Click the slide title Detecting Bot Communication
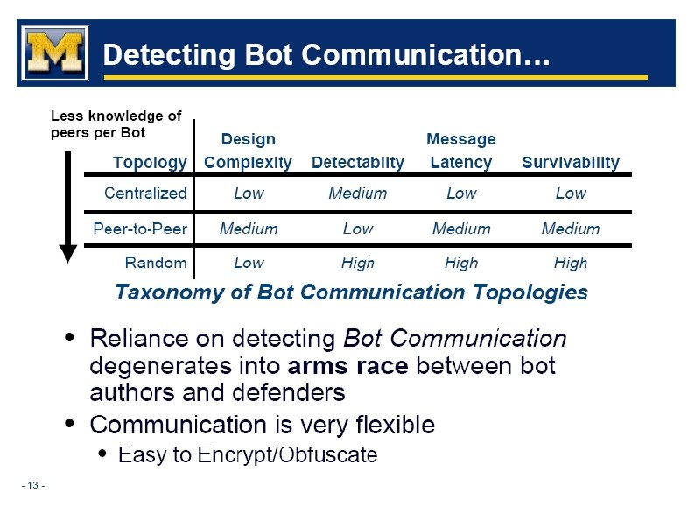[x=326, y=56]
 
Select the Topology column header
[x=150, y=162]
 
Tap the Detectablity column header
[x=358, y=162]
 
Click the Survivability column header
[x=570, y=162]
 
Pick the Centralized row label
[x=145, y=193]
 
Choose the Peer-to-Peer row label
[x=140, y=229]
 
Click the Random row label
[x=156, y=263]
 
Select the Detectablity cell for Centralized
[x=357, y=194]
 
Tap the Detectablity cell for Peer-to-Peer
[x=357, y=229]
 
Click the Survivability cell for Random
[x=570, y=263]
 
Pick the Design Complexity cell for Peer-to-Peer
[x=249, y=229]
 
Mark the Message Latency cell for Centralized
[x=461, y=194]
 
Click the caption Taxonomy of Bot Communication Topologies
[x=351, y=292]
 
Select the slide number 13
[x=34, y=486]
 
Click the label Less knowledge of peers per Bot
[x=116, y=124]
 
